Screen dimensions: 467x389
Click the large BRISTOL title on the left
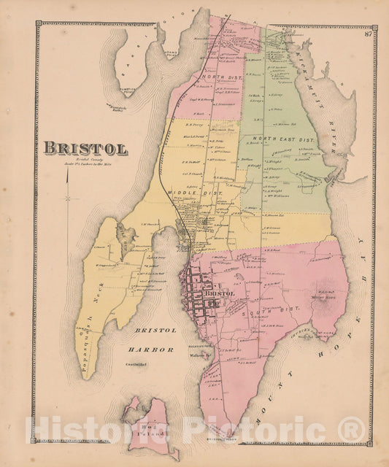click(x=85, y=148)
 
